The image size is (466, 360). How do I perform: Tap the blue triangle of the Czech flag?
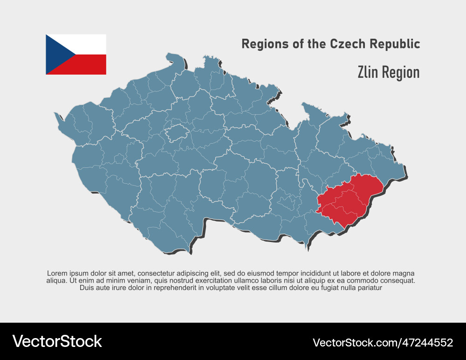click(x=55, y=54)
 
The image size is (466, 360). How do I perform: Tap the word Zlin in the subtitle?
click(x=368, y=72)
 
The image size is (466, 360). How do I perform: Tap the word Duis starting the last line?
click(x=87, y=288)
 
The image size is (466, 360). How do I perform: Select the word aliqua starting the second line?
click(x=56, y=281)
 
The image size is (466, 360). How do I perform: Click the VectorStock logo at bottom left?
click(x=57, y=341)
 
